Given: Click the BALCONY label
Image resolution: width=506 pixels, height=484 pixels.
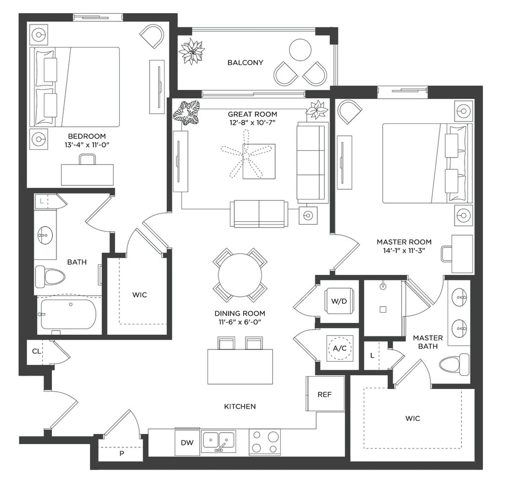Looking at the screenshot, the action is click(x=245, y=63).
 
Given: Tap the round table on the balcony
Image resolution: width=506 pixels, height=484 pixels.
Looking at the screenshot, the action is click(x=300, y=50).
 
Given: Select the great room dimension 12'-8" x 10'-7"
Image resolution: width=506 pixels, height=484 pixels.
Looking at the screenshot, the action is click(x=253, y=122).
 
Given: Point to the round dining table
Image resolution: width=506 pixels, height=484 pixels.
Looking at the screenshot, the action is click(x=240, y=275).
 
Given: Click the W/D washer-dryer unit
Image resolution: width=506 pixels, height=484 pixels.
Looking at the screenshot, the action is click(x=339, y=301).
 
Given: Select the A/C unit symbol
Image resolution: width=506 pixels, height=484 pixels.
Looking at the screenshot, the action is click(x=339, y=348).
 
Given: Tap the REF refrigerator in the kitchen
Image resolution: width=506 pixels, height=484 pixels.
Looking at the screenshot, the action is click(x=325, y=394).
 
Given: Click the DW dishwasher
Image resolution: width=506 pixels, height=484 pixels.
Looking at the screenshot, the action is click(x=187, y=443).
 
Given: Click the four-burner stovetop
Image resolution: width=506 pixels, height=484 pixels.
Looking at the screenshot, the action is click(x=265, y=442).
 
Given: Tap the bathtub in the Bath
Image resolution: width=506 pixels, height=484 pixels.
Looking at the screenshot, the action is click(x=68, y=315).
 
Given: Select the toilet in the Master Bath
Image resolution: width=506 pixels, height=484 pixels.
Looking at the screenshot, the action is click(x=455, y=364).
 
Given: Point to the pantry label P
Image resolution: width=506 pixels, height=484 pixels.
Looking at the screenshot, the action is click(x=122, y=454).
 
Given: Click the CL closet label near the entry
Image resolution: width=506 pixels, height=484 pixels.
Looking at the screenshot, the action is click(x=37, y=351).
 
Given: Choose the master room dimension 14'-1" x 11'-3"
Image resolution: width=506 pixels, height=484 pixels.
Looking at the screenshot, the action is click(x=404, y=250).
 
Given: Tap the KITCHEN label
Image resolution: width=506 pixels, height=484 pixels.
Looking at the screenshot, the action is click(x=240, y=406).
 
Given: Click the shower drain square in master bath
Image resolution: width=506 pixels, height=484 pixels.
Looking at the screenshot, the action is click(x=383, y=310).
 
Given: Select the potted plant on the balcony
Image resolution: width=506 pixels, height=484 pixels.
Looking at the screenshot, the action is click(x=192, y=51).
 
